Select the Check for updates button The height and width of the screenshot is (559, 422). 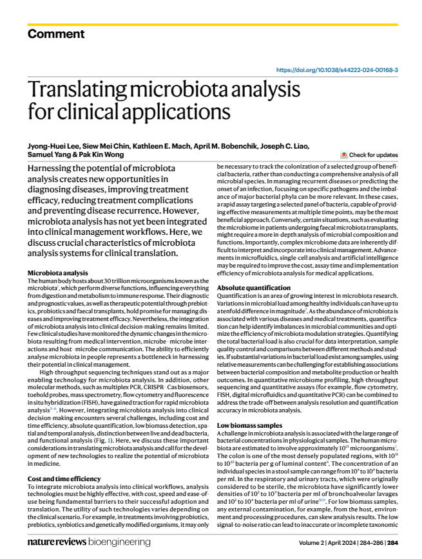[369, 155]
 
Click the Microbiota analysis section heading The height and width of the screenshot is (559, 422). [57, 273]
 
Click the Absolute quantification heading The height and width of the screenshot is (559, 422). [254, 288]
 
